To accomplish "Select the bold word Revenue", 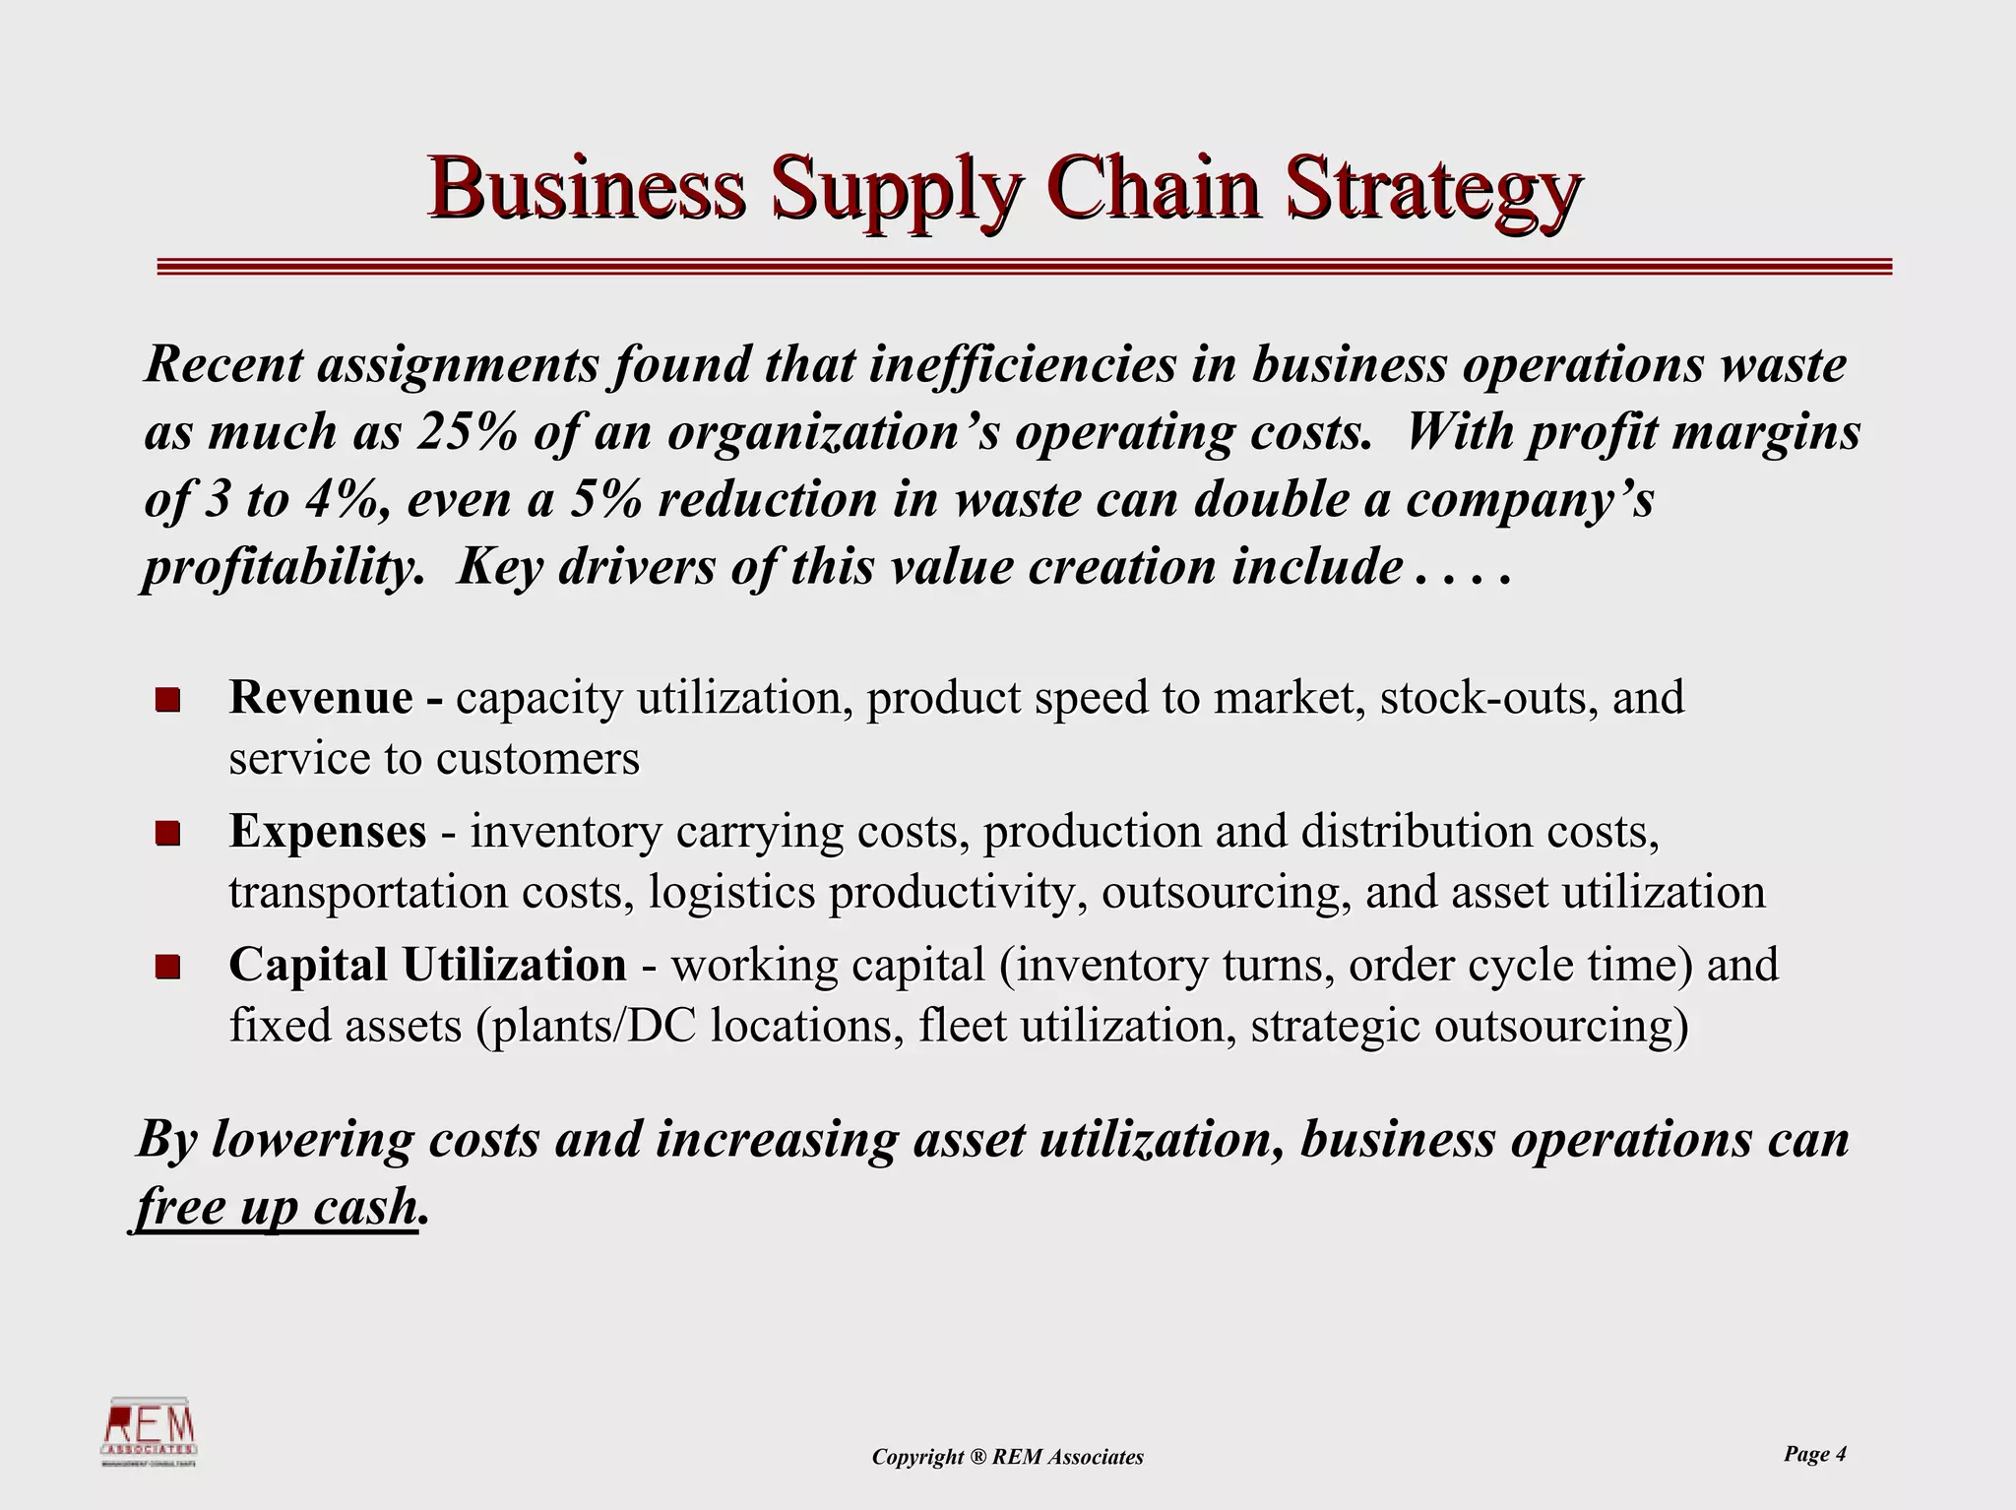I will (321, 698).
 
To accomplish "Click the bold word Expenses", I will (328, 832).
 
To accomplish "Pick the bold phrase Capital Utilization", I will (427, 965).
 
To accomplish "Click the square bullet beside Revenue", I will (167, 700).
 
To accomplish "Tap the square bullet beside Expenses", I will (167, 834).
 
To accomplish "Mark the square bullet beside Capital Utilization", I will (167, 967).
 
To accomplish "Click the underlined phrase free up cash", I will (276, 1207).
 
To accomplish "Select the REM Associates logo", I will (151, 1431).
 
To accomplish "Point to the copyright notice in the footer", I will (1007, 1457).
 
